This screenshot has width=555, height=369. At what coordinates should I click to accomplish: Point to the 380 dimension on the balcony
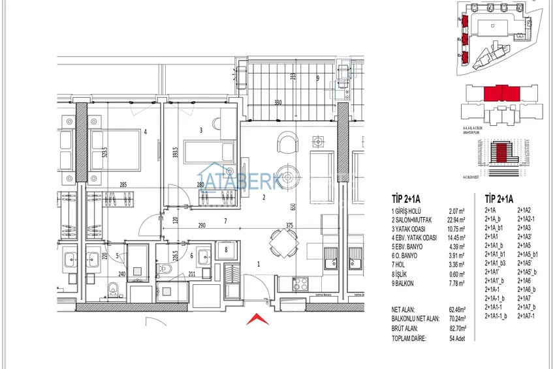(x=278, y=102)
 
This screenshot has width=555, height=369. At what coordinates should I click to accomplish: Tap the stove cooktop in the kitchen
(x=301, y=284)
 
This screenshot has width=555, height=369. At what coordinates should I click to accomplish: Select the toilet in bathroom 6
(x=167, y=269)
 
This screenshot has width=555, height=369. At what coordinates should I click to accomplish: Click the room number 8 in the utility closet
(x=225, y=250)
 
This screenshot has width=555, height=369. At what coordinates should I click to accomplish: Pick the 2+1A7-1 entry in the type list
(x=526, y=316)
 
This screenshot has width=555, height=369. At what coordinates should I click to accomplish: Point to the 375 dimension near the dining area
(x=289, y=226)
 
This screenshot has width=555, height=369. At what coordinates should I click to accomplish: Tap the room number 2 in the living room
(x=264, y=197)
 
